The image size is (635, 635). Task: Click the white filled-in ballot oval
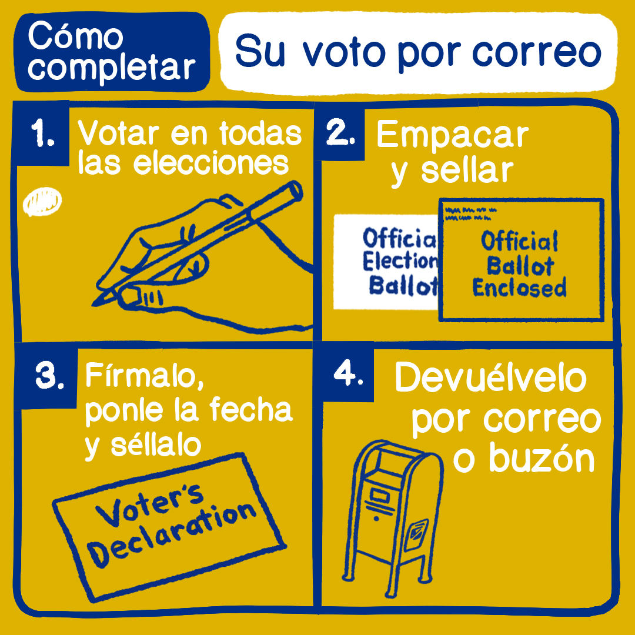click(x=42, y=201)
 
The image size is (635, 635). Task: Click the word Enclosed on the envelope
click(x=519, y=288)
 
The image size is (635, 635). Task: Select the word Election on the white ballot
click(x=400, y=261)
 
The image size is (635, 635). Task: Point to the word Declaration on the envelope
click(x=172, y=534)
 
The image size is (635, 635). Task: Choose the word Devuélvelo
click(x=491, y=377)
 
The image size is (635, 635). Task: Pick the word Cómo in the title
click(x=75, y=36)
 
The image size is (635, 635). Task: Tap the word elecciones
click(x=211, y=163)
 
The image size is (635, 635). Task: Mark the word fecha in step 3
click(x=251, y=410)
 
